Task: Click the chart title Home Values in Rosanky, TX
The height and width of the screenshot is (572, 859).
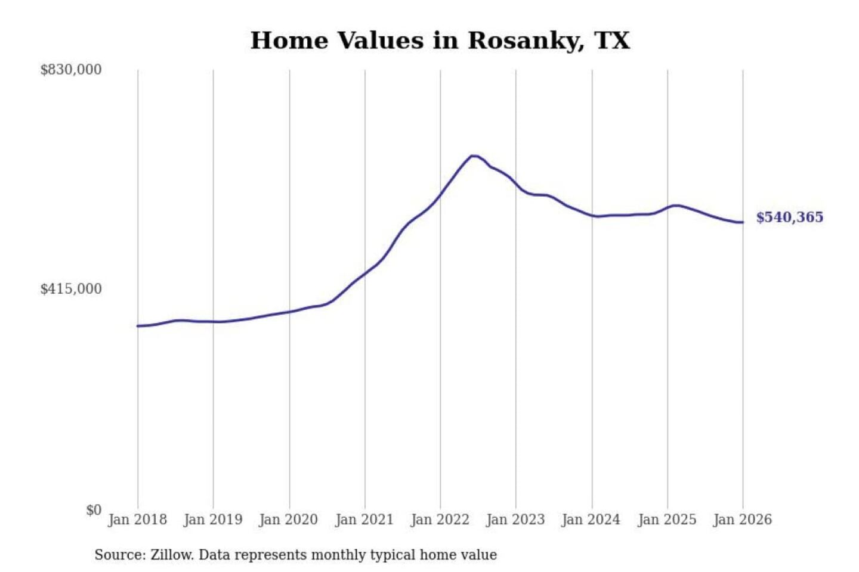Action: pyautogui.click(x=440, y=41)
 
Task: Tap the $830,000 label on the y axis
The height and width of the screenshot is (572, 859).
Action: pyautogui.click(x=70, y=70)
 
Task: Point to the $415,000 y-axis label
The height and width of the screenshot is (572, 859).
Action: pyautogui.click(x=70, y=289)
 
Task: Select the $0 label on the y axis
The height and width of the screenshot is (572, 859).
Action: pyautogui.click(x=94, y=510)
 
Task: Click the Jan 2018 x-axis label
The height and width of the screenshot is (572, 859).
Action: pyautogui.click(x=137, y=520)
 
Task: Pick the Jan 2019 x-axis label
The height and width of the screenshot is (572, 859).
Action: pyautogui.click(x=213, y=520)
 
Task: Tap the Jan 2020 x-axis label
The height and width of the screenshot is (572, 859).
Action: pyautogui.click(x=289, y=520)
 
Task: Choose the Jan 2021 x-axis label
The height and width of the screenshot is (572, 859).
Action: pyautogui.click(x=364, y=520)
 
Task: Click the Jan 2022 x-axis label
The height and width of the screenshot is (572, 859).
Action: pyautogui.click(x=440, y=520)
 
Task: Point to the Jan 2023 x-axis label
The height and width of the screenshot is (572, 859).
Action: pyautogui.click(x=515, y=520)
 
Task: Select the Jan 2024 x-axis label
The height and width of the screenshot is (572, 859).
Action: pyautogui.click(x=591, y=520)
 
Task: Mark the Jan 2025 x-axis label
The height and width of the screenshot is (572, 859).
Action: pyautogui.click(x=667, y=520)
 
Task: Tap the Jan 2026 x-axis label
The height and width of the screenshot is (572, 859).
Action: pyautogui.click(x=743, y=520)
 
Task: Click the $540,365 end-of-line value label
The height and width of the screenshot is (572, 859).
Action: pyautogui.click(x=789, y=217)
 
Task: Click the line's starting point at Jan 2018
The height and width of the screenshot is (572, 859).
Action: pyautogui.click(x=138, y=326)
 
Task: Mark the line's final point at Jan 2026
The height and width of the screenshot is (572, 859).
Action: pyautogui.click(x=743, y=222)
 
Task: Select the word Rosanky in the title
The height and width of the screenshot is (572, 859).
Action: pyautogui.click(x=526, y=41)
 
